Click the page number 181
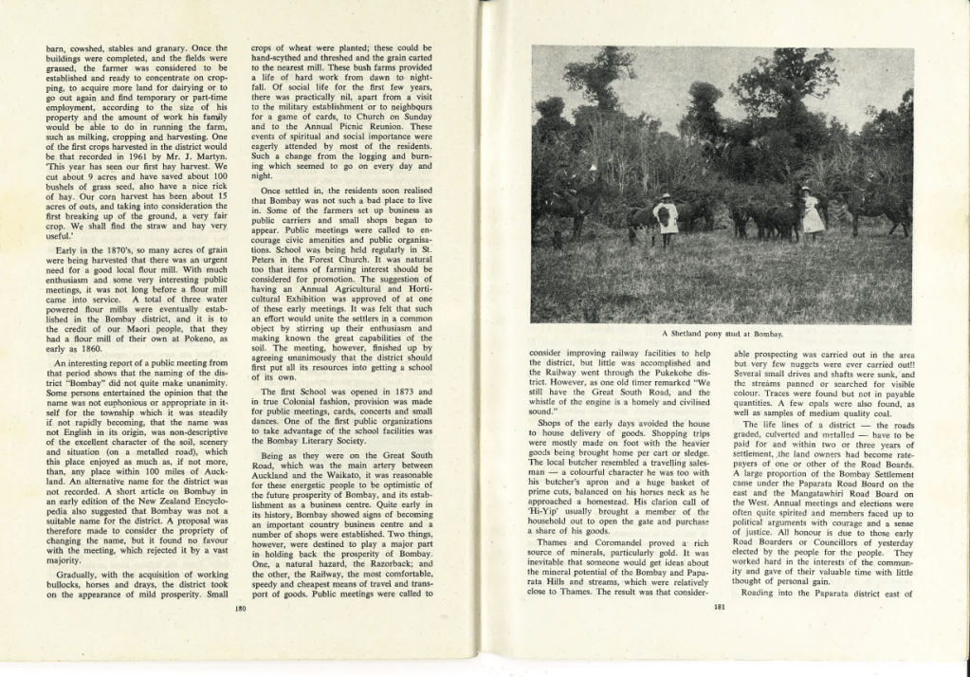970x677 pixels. (718, 609)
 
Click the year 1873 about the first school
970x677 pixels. (397, 391)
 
